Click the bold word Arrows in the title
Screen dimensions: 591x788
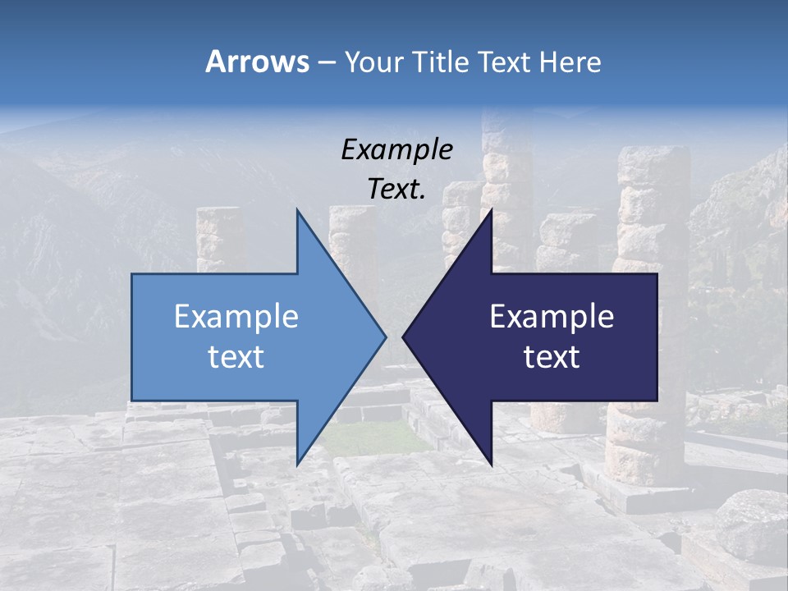tap(256, 62)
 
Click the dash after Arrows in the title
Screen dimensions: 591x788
tap(325, 62)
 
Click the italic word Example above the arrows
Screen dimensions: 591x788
tap(396, 149)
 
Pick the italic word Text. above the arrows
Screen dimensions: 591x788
tap(396, 190)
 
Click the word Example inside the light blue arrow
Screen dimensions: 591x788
tap(236, 317)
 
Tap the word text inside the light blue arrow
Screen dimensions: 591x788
tap(236, 357)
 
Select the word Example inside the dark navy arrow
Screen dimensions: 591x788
tap(552, 317)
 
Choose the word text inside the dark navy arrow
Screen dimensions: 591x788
tap(552, 357)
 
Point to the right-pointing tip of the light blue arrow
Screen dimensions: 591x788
tap(385, 337)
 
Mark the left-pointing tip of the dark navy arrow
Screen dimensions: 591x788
tap(403, 337)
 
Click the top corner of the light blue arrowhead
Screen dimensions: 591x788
tap(297, 211)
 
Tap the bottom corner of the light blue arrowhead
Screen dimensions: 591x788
tap(297, 463)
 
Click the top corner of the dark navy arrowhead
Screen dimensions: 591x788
tap(491, 211)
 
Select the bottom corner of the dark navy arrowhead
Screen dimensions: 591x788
tap(491, 463)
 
